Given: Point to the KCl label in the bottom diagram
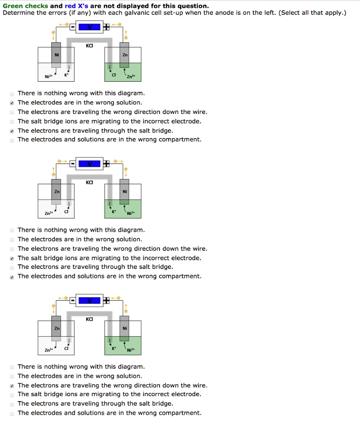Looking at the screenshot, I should [x=89, y=319].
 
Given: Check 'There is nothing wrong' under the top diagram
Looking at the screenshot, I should [x=12, y=93].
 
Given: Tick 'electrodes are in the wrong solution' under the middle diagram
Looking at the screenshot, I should [x=12, y=240].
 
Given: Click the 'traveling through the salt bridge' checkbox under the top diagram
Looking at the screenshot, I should [x=12, y=131].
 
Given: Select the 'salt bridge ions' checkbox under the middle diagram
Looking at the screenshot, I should [x=12, y=258].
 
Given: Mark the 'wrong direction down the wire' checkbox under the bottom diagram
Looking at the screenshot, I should [x=12, y=385].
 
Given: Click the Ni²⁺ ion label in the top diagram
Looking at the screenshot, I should [x=48, y=77].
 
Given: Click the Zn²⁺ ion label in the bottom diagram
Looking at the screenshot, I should [x=48, y=350].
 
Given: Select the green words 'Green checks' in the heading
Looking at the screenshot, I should [x=25, y=6].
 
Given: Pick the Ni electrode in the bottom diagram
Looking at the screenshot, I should [x=124, y=328].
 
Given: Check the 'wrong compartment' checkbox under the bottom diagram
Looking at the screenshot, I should [x=12, y=413].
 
